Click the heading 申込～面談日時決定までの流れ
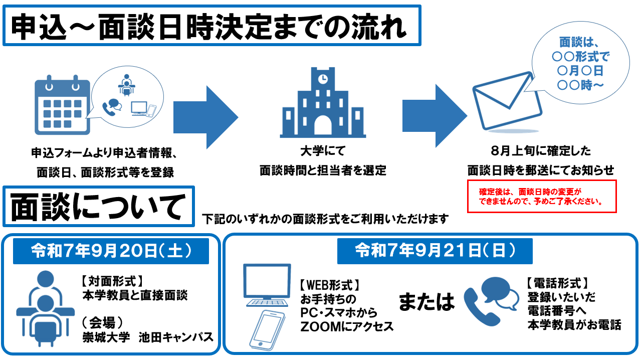click(211, 26)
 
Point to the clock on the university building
click(323, 79)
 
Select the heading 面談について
click(98, 207)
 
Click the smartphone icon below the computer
click(267, 329)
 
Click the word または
click(426, 302)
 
